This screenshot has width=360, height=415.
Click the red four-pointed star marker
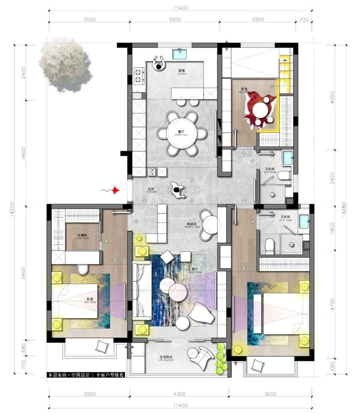coord(116,191)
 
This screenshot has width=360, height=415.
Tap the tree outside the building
coord(65,67)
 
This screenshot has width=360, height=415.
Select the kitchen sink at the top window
coord(180,53)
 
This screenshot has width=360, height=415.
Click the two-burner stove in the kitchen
coord(139,76)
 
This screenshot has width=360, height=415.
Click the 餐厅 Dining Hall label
coord(181,133)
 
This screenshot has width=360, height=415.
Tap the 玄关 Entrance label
coord(151,190)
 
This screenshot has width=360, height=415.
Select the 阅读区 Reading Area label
coord(192,225)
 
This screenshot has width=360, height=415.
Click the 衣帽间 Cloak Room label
coord(82,236)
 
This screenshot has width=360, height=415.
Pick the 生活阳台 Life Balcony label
coord(166,358)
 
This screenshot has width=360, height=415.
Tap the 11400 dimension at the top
coord(180,8)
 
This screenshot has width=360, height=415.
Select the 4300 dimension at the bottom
coord(179,394)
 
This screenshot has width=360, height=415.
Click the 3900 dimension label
coord(174,20)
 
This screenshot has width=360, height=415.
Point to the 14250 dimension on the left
coord(12,209)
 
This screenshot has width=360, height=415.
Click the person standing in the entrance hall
coord(177,190)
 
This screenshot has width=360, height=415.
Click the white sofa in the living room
coord(142,290)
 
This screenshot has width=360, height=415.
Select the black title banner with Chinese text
coord(86,375)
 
